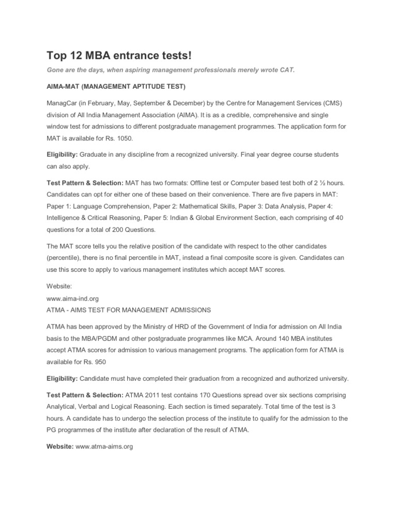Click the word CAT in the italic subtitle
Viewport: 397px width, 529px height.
pyautogui.click(x=286, y=70)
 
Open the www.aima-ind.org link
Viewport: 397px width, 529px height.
pyautogui.click(x=72, y=298)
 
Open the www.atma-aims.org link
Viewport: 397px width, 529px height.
pyautogui.click(x=104, y=447)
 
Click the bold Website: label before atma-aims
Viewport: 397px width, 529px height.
pyautogui.click(x=60, y=447)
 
